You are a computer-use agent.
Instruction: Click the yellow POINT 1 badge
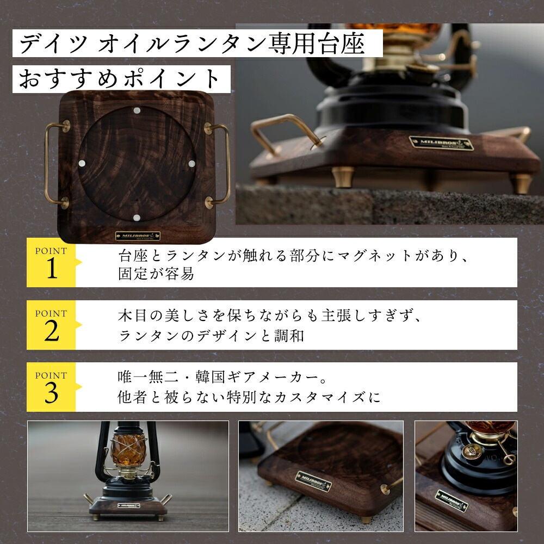(51, 263)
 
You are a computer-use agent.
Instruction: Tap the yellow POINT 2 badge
(51, 325)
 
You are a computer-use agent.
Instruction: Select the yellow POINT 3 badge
(51, 387)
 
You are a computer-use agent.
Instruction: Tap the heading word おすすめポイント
(120, 79)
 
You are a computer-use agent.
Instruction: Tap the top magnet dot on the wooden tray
(137, 110)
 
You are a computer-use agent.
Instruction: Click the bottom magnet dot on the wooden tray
(136, 218)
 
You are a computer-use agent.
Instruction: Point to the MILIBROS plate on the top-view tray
(138, 237)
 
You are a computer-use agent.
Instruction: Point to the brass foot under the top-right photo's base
(343, 177)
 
